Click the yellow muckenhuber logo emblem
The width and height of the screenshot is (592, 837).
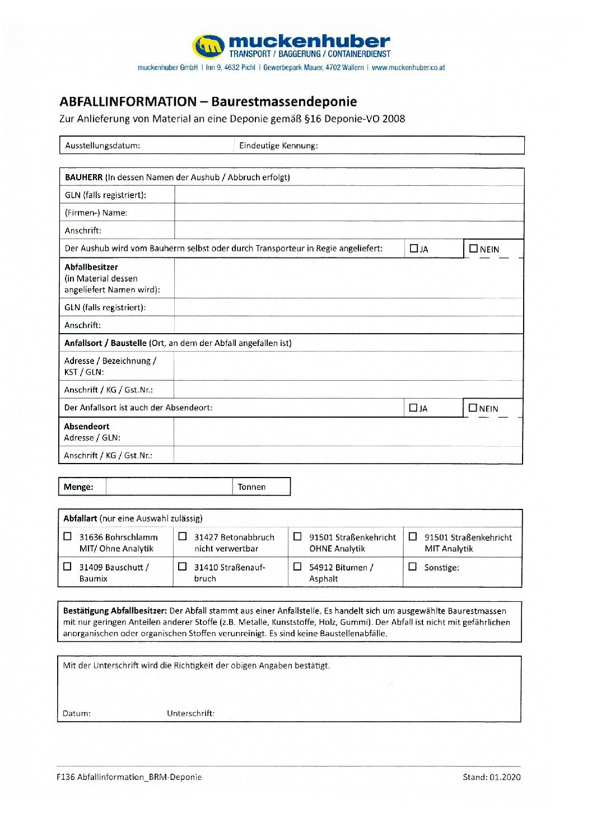point(209,46)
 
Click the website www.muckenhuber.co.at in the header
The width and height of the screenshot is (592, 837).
point(408,68)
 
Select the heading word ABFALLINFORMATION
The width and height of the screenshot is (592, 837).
point(128,102)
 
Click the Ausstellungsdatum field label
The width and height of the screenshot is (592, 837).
point(102,146)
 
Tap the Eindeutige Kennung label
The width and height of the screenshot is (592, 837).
point(278,146)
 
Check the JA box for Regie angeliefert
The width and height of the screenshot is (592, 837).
point(414,249)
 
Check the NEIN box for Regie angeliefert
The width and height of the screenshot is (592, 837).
point(474,249)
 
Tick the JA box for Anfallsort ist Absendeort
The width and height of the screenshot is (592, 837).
point(413,408)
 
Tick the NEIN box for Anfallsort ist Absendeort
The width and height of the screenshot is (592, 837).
point(473,408)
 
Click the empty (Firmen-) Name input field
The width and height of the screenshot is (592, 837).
point(348,213)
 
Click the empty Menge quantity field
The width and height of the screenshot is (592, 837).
point(169,487)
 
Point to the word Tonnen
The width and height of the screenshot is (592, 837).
point(251,487)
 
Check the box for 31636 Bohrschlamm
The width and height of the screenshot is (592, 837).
point(68,536)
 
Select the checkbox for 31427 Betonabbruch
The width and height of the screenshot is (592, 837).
point(183,536)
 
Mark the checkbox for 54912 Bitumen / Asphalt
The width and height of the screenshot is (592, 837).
point(297,567)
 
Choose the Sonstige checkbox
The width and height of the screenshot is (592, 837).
point(413,567)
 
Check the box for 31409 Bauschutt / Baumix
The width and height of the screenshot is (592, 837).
point(68,567)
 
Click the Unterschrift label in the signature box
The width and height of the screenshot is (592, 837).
point(190,713)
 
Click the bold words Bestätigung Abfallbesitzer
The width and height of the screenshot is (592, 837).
point(115,611)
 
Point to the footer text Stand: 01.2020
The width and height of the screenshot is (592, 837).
point(491,777)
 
